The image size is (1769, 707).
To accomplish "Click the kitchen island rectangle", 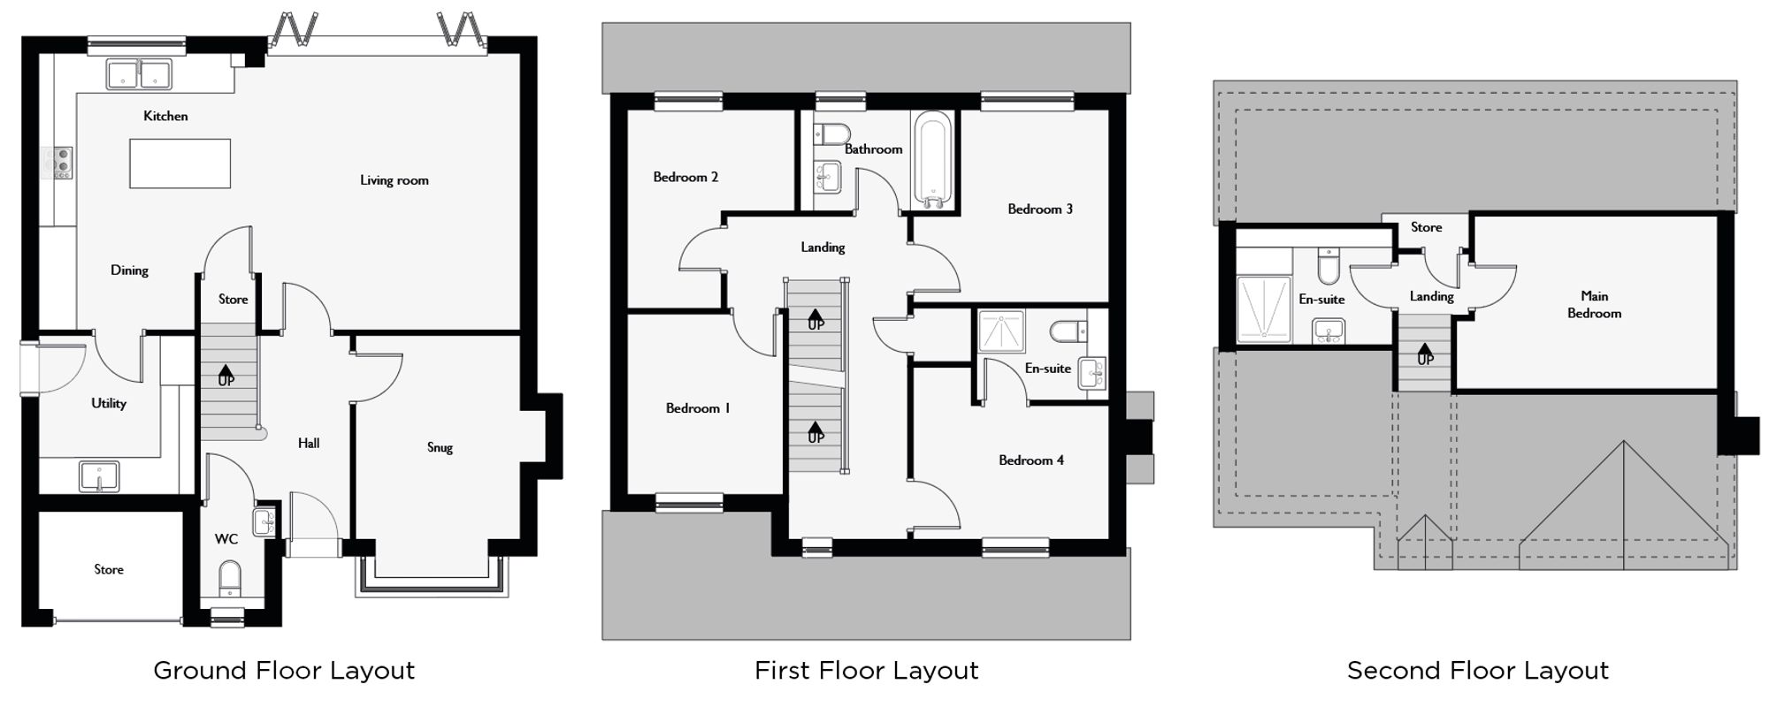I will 180,163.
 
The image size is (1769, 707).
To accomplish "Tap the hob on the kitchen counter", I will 61,163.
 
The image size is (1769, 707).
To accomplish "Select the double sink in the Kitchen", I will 139,73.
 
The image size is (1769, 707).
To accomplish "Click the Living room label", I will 394,180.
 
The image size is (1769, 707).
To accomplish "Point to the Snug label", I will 440,447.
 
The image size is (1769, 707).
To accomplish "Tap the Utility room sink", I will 99,477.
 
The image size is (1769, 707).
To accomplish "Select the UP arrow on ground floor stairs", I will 226,375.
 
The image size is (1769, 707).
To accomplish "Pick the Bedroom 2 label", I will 685,177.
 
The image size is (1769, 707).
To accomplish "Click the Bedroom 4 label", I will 1030,460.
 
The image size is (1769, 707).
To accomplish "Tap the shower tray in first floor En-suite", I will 1001,331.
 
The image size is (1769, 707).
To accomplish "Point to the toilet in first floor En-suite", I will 1065,331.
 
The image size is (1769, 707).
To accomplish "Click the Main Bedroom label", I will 1594,304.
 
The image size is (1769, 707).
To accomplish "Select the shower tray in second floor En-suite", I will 1263,308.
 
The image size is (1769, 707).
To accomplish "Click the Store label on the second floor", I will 1426,227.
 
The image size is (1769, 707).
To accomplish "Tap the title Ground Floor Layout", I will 284,671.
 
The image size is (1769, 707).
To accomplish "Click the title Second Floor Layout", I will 1477,671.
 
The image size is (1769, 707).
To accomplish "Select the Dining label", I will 129,270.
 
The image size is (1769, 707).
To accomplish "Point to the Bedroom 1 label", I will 698,408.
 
